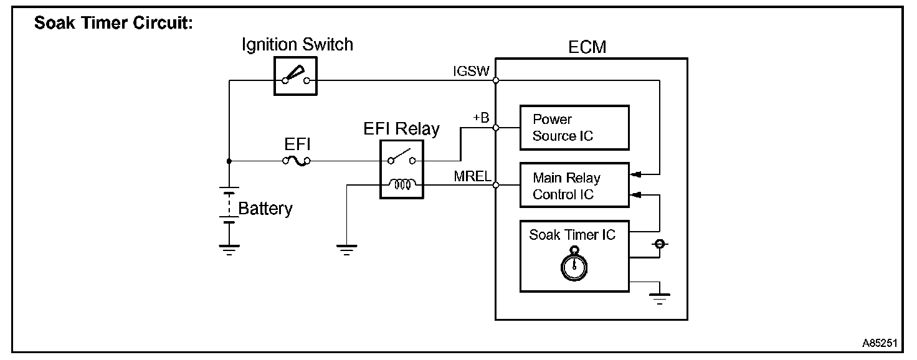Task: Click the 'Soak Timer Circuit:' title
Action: point(113,23)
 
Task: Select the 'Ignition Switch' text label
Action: point(297,45)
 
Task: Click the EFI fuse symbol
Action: point(297,161)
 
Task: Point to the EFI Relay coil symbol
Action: point(402,184)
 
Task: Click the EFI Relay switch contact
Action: point(402,157)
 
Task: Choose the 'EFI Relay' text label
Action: point(401,129)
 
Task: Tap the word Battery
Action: point(265,209)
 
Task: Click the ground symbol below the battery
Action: point(229,250)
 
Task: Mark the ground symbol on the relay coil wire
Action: point(347,250)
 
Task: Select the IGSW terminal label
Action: point(471,71)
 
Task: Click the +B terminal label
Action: point(481,118)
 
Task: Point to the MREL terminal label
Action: point(472,176)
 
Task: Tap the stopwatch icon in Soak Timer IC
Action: point(574,264)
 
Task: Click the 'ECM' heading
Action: point(587,47)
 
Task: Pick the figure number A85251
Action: point(880,343)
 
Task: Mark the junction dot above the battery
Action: point(229,161)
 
